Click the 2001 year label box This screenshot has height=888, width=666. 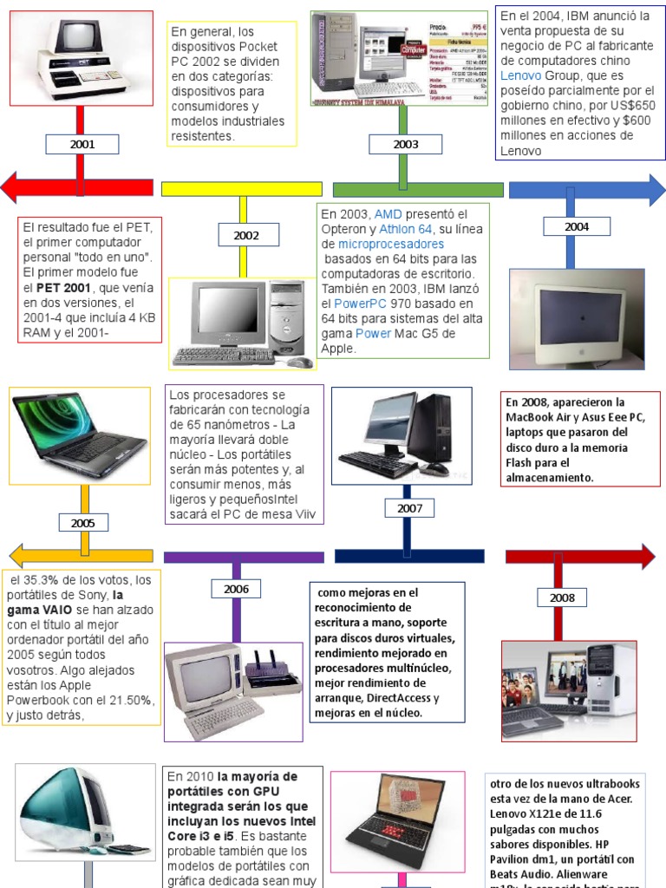[x=82, y=145]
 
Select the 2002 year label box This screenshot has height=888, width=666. [x=246, y=235]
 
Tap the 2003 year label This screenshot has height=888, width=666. [x=405, y=145]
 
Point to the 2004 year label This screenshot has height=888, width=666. [x=577, y=227]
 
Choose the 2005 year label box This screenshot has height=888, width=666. [x=83, y=523]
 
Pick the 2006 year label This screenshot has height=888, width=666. [x=236, y=590]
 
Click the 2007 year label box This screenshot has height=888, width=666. [x=410, y=509]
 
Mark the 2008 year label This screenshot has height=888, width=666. [x=562, y=597]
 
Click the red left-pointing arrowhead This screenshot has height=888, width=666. [x=16, y=188]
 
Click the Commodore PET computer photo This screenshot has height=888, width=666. [x=82, y=58]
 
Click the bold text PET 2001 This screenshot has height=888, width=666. [x=64, y=286]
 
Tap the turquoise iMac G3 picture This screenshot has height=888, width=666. [x=69, y=819]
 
